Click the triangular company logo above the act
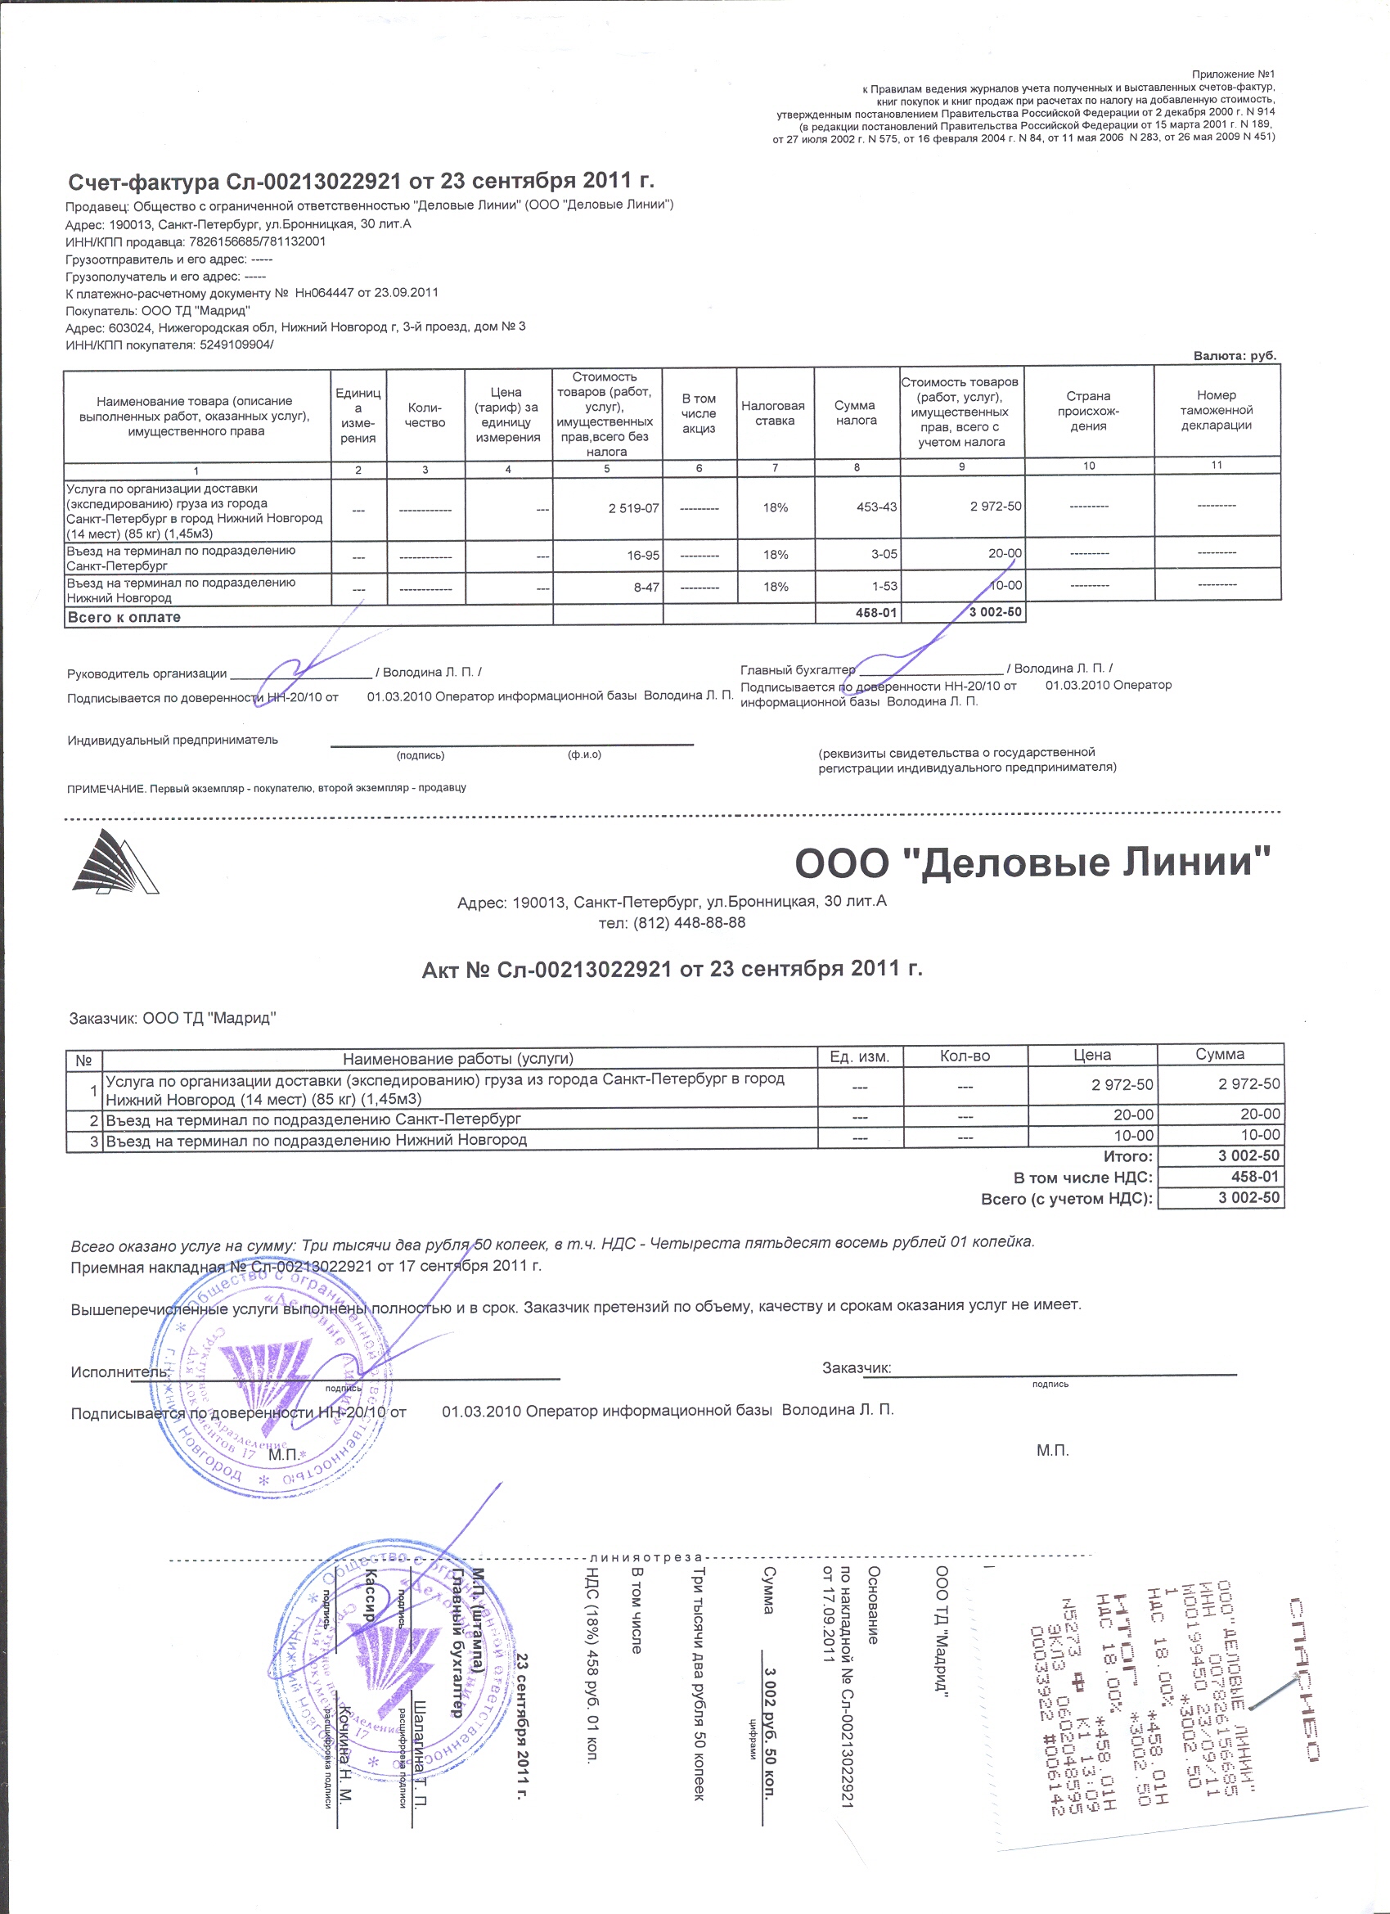point(114,862)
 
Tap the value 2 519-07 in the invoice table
point(633,508)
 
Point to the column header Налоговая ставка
point(774,412)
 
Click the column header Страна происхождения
point(1088,411)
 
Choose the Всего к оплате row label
point(124,617)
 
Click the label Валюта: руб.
point(1234,356)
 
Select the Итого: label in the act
point(1127,1156)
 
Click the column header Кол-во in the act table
point(964,1056)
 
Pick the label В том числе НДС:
point(1083,1178)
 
